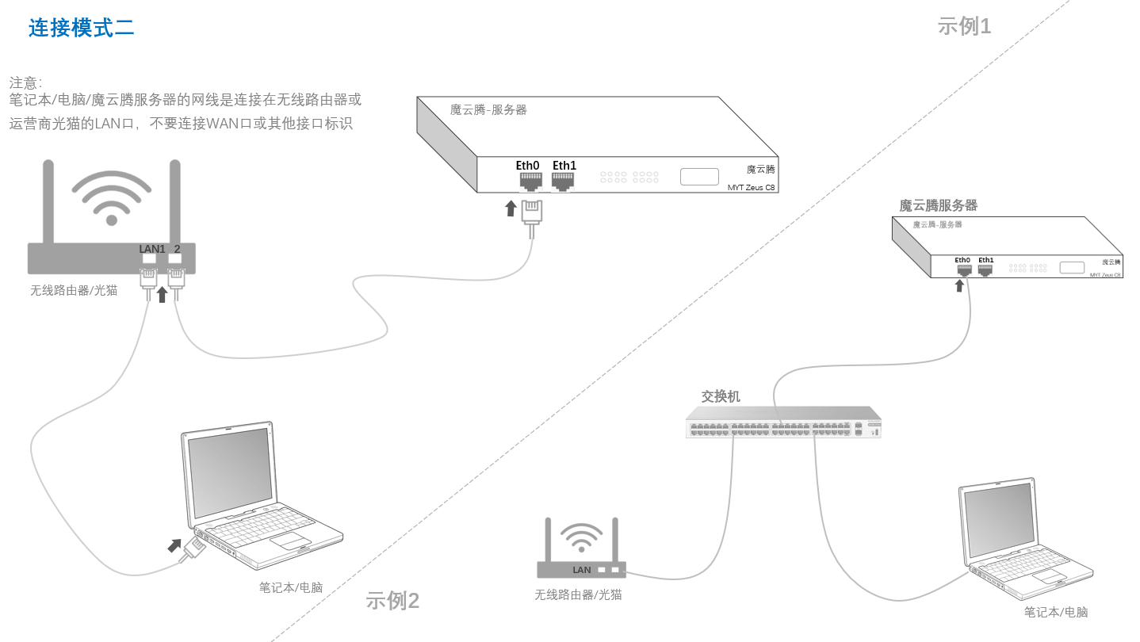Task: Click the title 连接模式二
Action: tap(82, 28)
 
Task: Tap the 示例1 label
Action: tap(964, 26)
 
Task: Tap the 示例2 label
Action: tap(392, 601)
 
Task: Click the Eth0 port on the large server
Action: tap(530, 182)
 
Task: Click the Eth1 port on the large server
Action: tap(563, 182)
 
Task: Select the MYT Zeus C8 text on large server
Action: tap(751, 188)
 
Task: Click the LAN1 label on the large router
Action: tap(152, 249)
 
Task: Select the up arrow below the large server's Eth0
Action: tap(511, 208)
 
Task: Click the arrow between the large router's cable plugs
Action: tap(163, 294)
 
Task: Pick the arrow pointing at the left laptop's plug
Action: tap(174, 545)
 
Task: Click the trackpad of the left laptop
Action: tap(290, 541)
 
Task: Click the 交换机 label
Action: tap(721, 396)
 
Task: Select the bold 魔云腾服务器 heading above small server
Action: tap(938, 205)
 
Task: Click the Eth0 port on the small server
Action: tap(963, 269)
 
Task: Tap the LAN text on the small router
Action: tap(582, 570)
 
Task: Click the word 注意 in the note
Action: tap(24, 82)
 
